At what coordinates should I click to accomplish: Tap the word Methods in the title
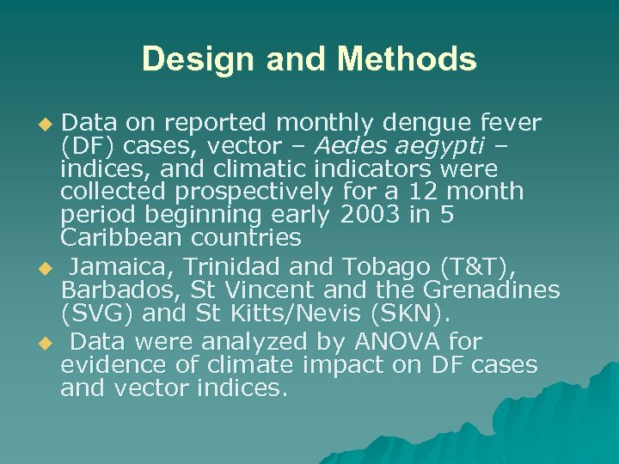(x=407, y=59)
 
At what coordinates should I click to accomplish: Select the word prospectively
(x=254, y=191)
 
